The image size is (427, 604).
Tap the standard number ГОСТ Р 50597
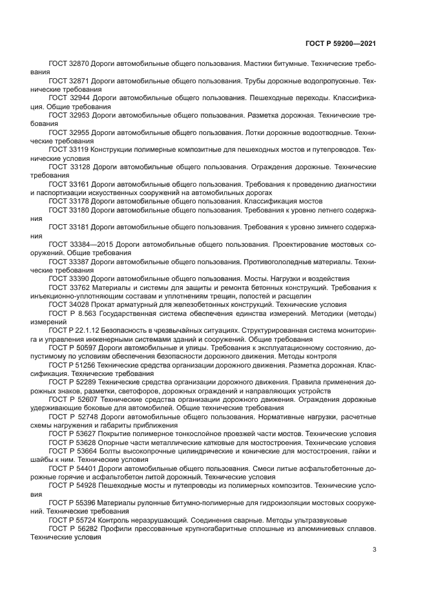coord(72,347)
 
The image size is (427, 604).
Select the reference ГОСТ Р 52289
coord(72,382)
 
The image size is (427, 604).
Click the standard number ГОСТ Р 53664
coord(72,450)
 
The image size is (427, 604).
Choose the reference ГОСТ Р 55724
coord(72,519)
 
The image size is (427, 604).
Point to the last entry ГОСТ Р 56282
coord(72,528)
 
